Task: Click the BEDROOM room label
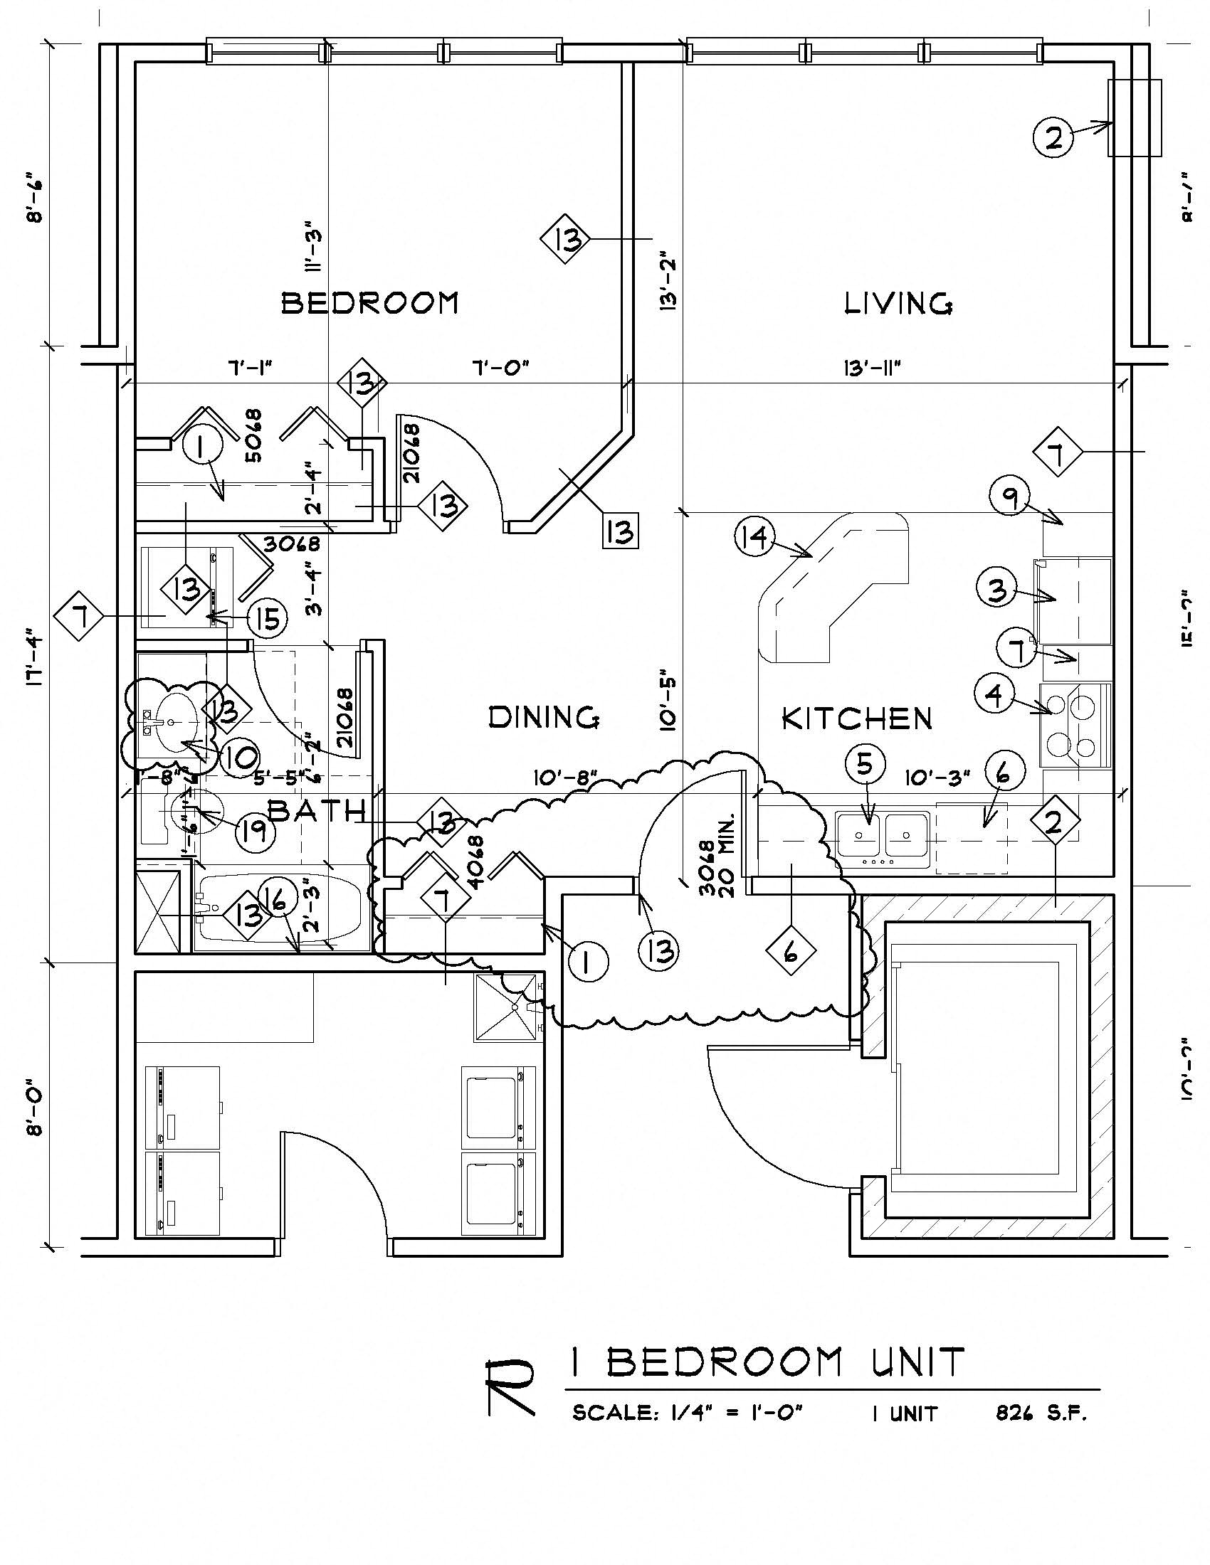(369, 303)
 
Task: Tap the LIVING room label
(898, 304)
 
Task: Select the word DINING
(543, 717)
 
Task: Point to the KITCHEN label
(856, 718)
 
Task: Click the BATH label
(316, 811)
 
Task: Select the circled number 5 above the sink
(866, 765)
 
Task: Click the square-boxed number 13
(620, 531)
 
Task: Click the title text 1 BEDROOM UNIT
(767, 1362)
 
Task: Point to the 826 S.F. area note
(1041, 1413)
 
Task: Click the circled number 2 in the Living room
(1053, 137)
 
